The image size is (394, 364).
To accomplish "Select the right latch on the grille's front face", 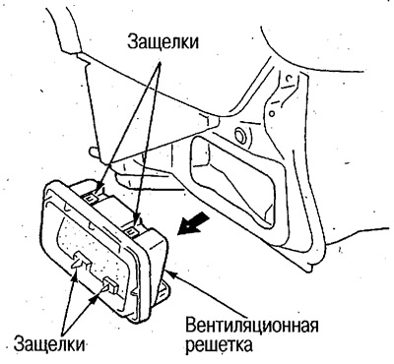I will (x=110, y=287).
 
